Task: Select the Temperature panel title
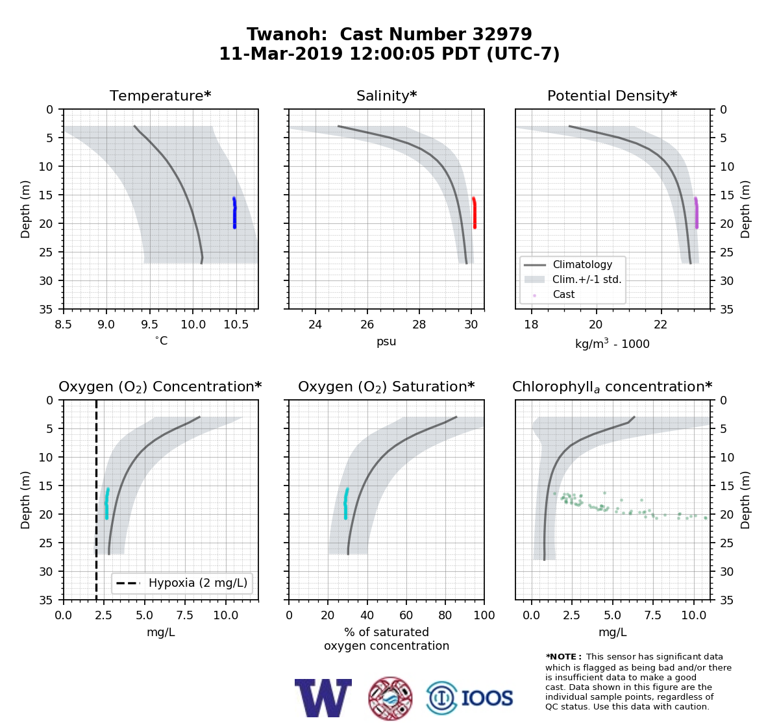tap(160, 95)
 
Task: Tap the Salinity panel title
tap(386, 95)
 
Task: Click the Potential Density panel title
tap(612, 95)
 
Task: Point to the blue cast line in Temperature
tap(234, 213)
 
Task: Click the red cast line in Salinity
tap(475, 213)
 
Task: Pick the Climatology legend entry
tap(568, 264)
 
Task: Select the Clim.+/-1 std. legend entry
tap(573, 279)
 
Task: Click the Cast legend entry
tap(554, 294)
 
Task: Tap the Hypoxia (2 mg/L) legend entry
tap(182, 583)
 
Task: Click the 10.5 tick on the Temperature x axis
tap(236, 325)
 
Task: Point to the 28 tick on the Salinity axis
tap(419, 325)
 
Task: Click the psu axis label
tap(386, 341)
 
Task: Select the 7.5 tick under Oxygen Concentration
tap(185, 615)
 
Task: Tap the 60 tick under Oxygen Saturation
tap(406, 615)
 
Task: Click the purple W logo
tap(323, 698)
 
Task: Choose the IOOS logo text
tap(487, 698)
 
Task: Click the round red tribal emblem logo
tap(390, 698)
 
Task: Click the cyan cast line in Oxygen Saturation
tap(345, 503)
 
